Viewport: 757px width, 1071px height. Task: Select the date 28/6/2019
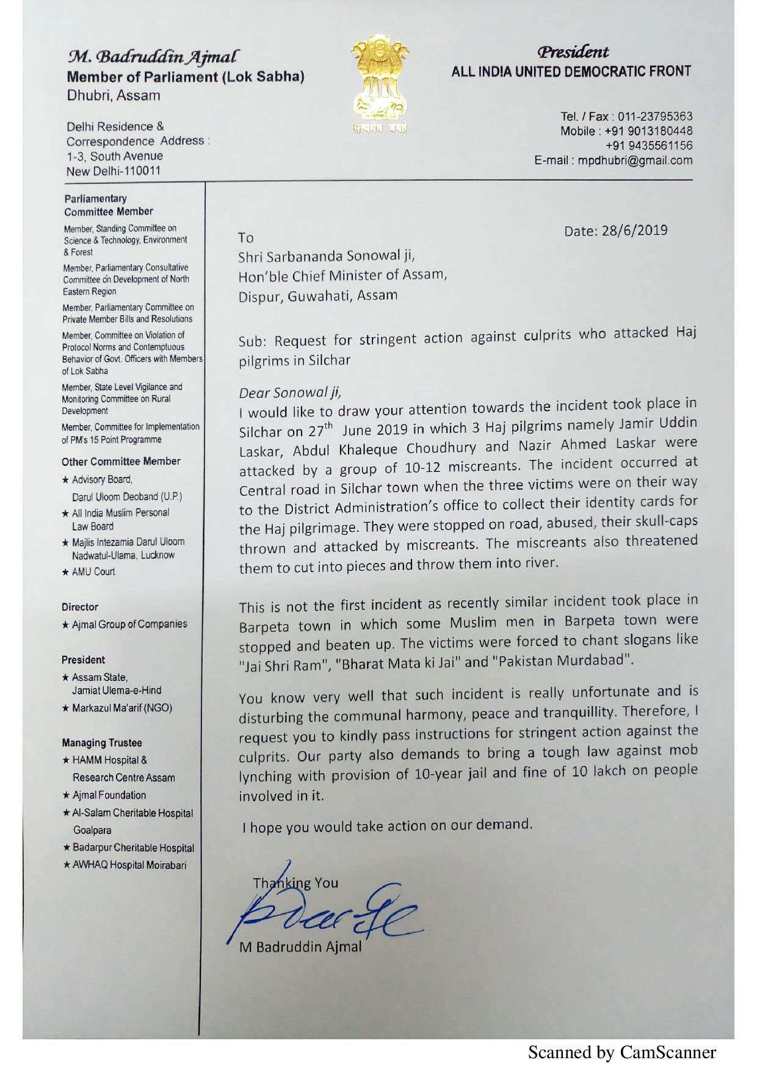click(x=615, y=231)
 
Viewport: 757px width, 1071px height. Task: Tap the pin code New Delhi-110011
click(x=114, y=171)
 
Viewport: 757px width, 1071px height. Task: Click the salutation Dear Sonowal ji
click(x=287, y=390)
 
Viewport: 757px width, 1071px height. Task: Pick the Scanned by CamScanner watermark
click(x=621, y=1053)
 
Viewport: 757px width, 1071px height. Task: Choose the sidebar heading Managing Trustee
click(x=101, y=742)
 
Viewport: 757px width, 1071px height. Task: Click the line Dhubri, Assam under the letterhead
click(x=114, y=96)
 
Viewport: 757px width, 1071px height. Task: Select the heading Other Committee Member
click(x=121, y=461)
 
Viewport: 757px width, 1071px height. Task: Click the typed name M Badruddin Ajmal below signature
click(x=300, y=948)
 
